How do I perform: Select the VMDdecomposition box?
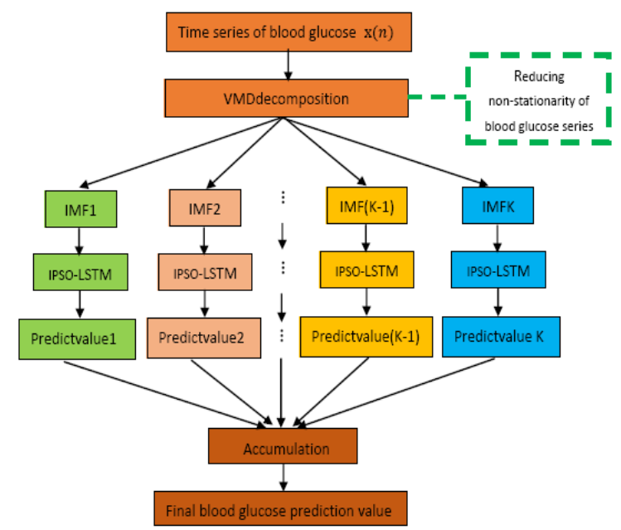[286, 99]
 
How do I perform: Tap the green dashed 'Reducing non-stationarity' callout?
[540, 100]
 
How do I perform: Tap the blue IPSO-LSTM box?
[497, 272]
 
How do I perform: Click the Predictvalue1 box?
[77, 339]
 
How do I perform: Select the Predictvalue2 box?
[202, 338]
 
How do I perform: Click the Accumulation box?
[285, 449]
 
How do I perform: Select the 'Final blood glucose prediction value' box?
[284, 506]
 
